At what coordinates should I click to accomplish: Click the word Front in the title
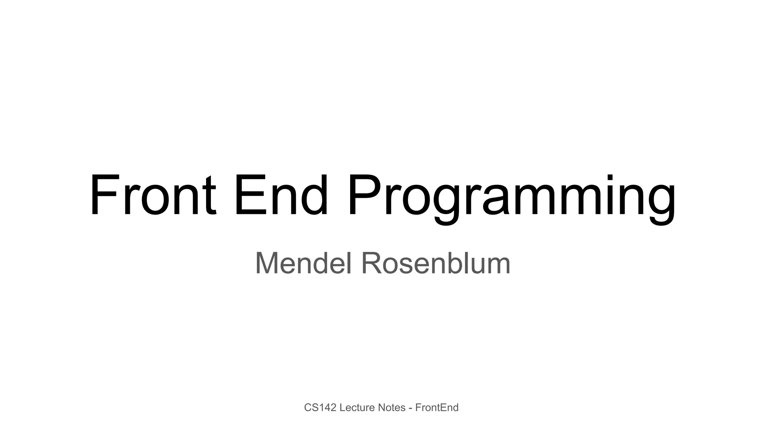153,195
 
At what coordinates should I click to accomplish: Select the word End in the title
281,195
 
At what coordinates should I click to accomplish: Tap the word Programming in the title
511,198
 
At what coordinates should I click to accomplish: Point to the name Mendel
303,263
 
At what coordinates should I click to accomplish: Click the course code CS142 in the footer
320,407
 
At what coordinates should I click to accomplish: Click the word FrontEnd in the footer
437,407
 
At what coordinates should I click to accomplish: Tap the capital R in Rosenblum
372,263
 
